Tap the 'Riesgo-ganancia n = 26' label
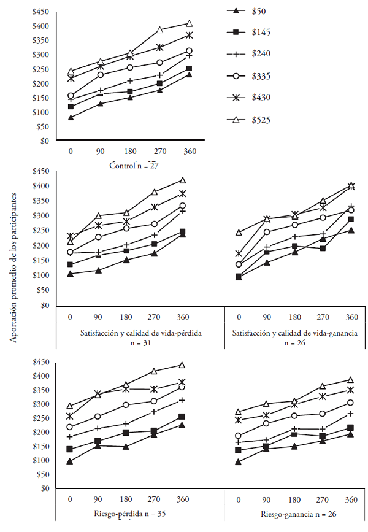click(294, 514)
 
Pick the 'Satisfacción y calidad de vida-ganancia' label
click(294, 333)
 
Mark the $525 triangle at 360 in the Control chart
click(189, 24)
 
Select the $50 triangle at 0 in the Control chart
click(71, 117)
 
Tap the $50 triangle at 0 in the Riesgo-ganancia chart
click(238, 461)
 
